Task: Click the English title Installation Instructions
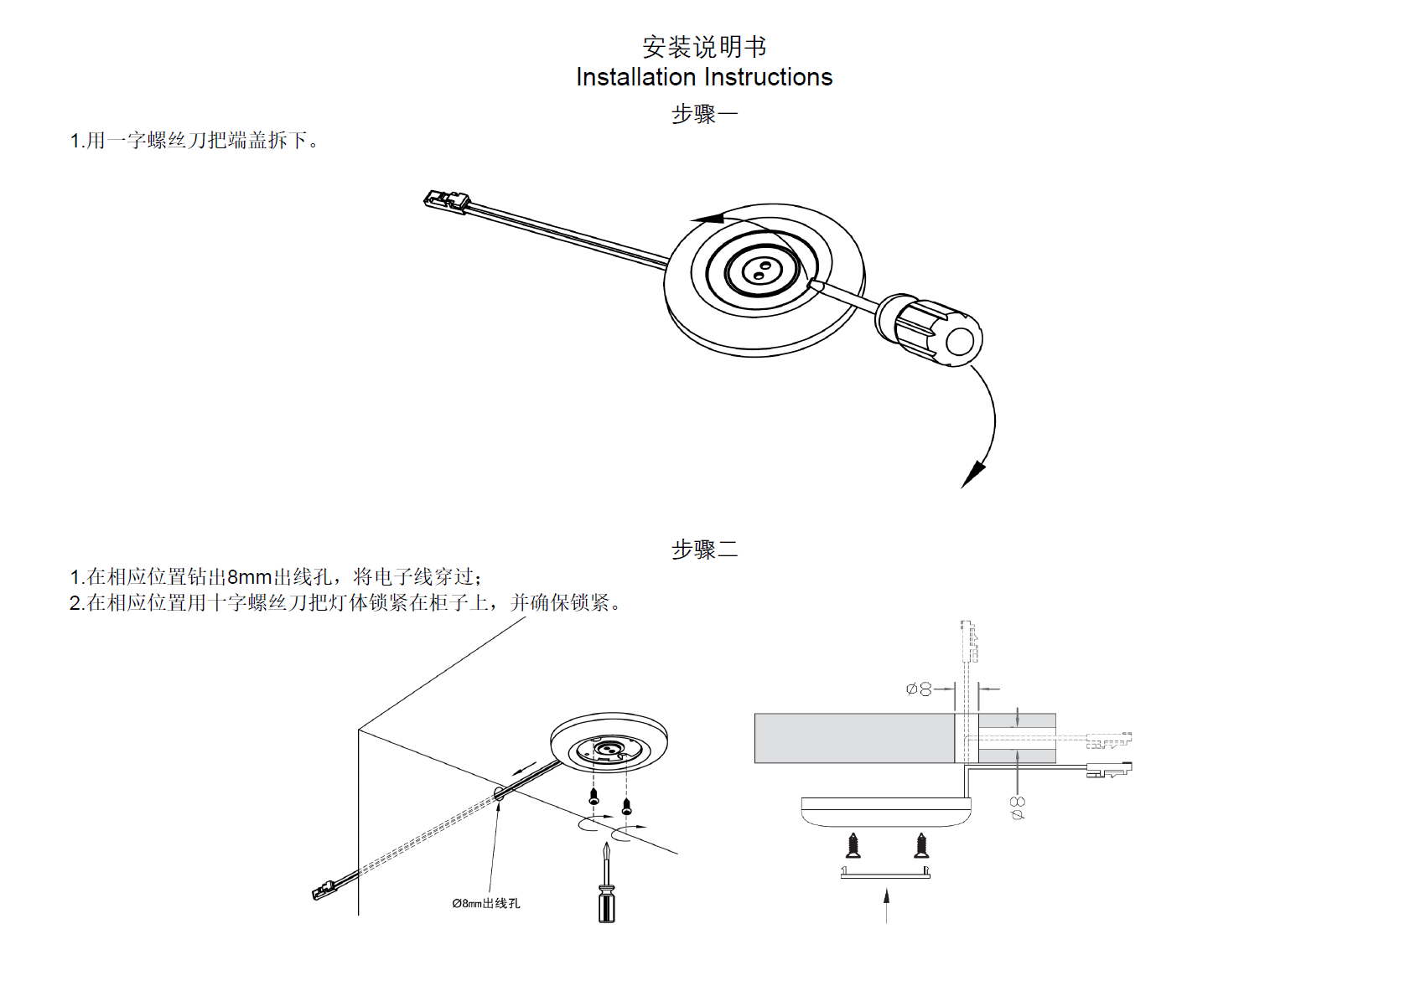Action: (x=704, y=77)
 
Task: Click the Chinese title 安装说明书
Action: (x=704, y=46)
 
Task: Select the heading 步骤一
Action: (x=704, y=114)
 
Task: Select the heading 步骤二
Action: (x=704, y=550)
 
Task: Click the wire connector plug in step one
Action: (x=446, y=200)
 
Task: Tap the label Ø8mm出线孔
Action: (x=486, y=903)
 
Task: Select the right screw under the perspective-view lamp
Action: (x=626, y=807)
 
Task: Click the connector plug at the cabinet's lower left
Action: (x=324, y=890)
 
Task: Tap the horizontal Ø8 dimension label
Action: (x=919, y=689)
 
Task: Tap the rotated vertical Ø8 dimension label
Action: (x=1018, y=808)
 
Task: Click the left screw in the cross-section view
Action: (x=853, y=845)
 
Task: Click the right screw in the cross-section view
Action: (x=921, y=845)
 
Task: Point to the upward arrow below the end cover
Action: (x=886, y=905)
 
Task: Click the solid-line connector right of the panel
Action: (x=1108, y=769)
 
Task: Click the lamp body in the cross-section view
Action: (x=886, y=811)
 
